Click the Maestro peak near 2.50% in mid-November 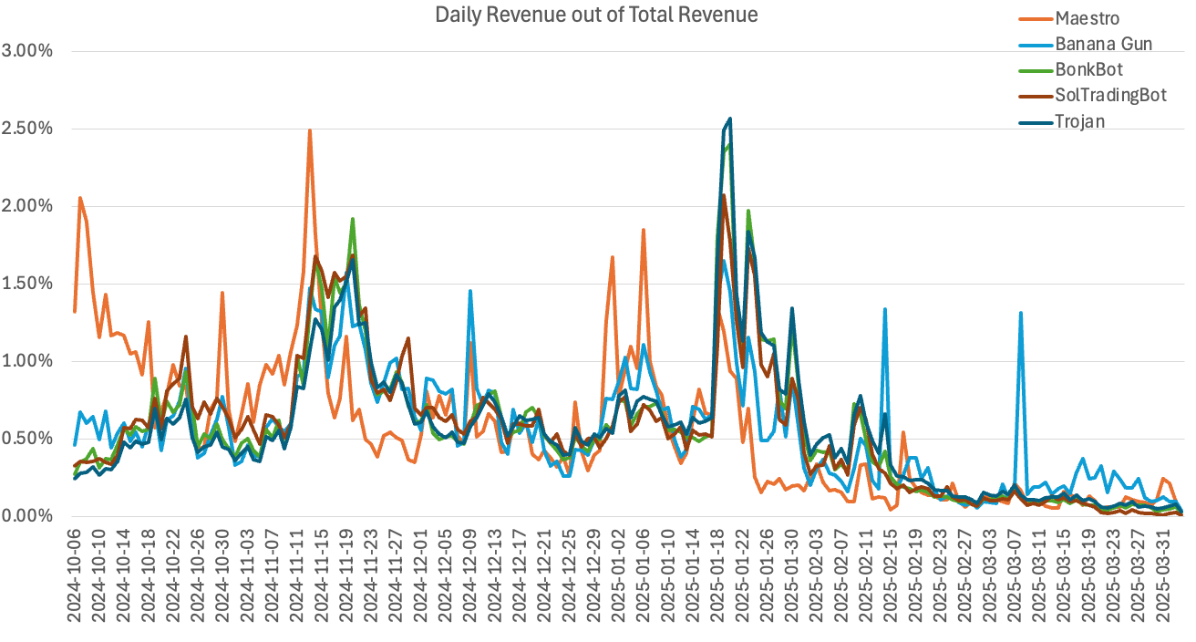pos(310,130)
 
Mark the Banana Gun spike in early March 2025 pos(1020,313)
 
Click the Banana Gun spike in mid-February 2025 pos(884,309)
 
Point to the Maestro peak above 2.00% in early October pos(80,198)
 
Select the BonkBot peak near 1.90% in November pos(352,219)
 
